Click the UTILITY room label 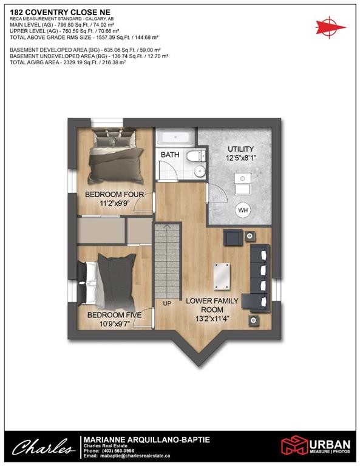click(240, 149)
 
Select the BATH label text click(170, 155)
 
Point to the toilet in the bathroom click(195, 157)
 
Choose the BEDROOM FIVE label click(114, 315)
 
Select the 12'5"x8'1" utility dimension click(240, 158)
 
